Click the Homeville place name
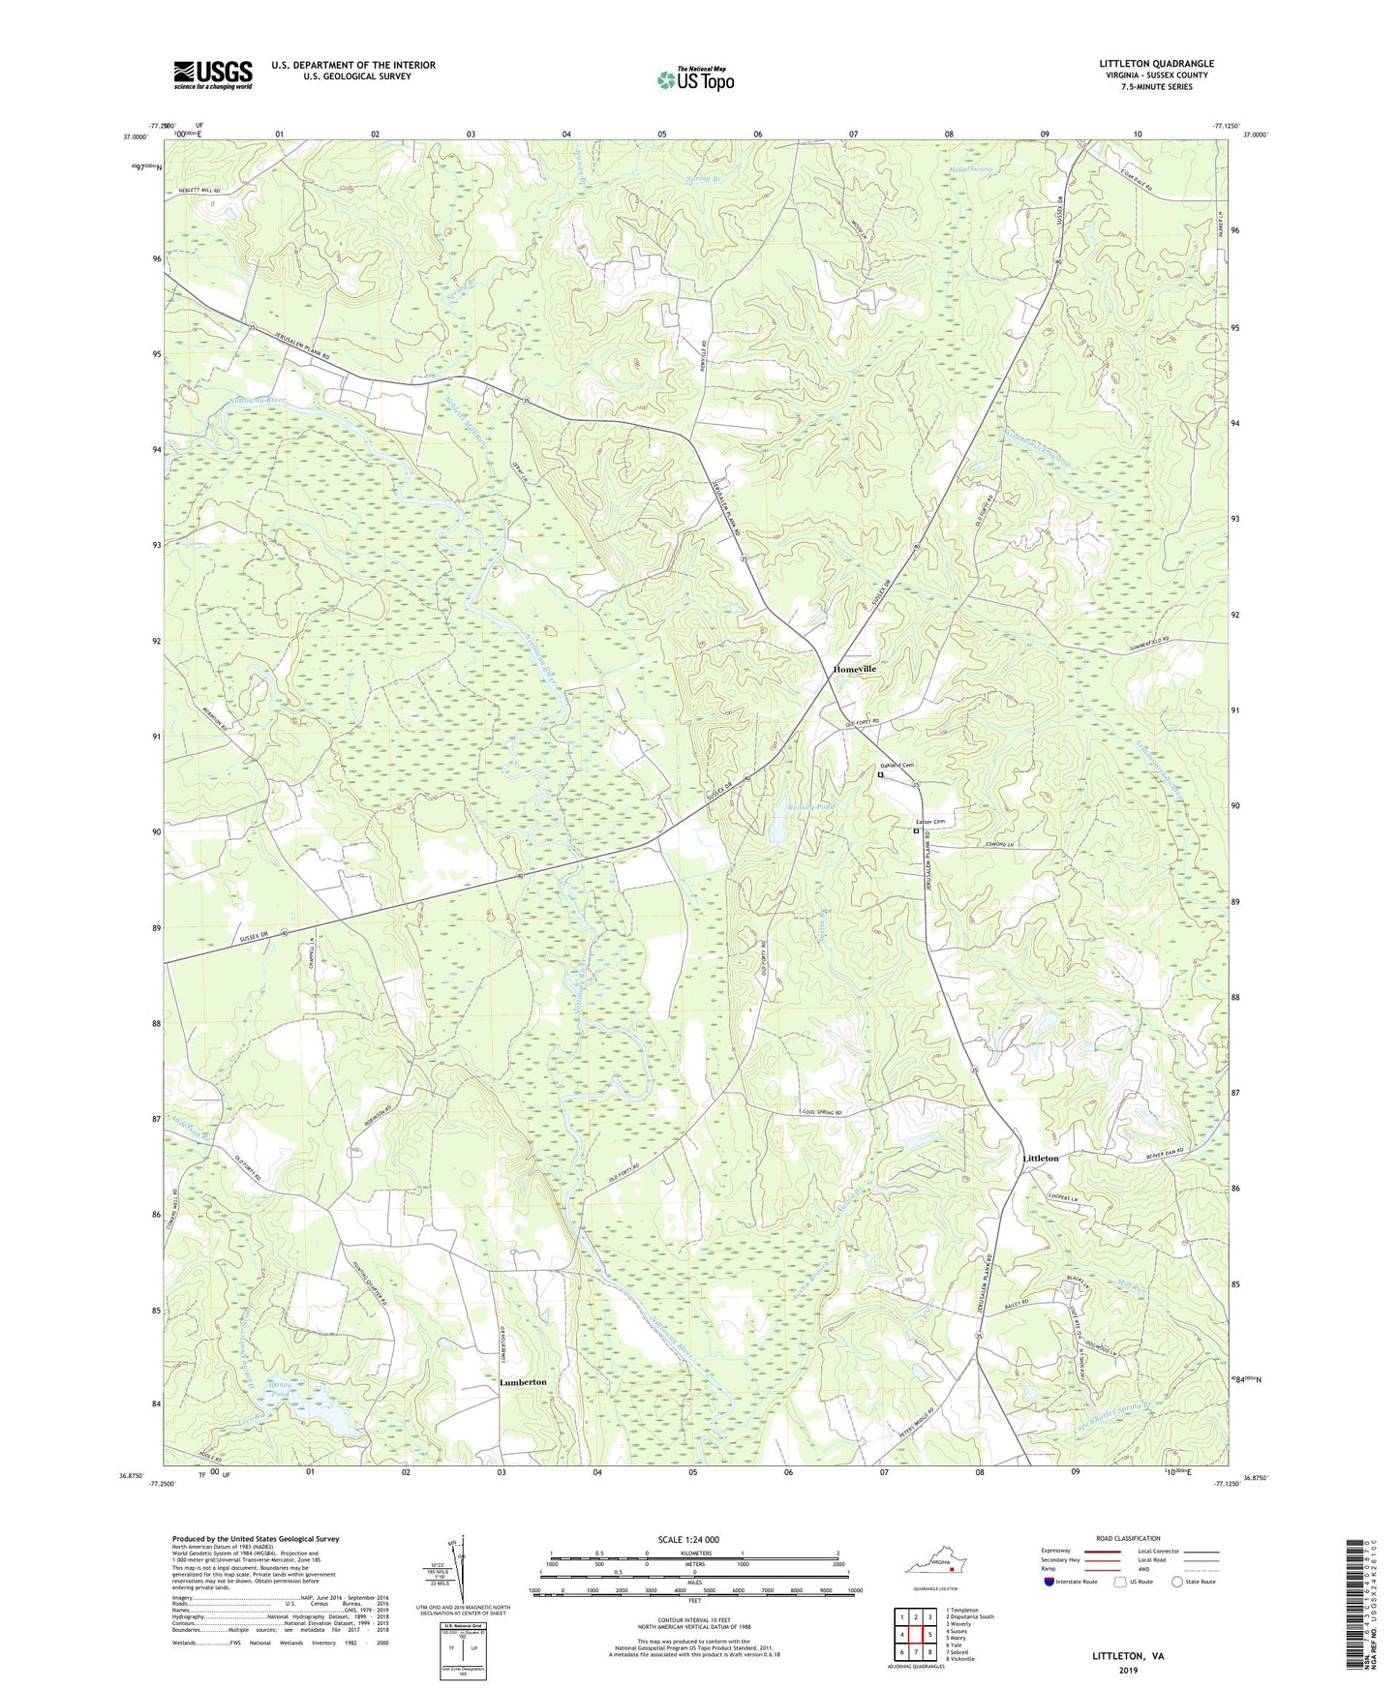coord(855,669)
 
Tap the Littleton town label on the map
coord(1041,1158)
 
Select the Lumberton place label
coord(523,1382)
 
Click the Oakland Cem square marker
coord(881,774)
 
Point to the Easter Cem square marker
coord(916,830)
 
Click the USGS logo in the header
coord(213,75)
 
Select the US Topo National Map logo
coord(695,78)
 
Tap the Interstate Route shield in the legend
coord(1049,1582)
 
